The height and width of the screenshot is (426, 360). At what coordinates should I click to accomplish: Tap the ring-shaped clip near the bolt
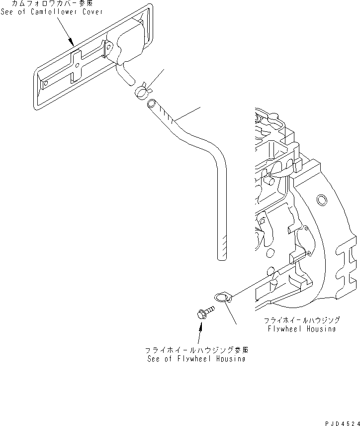point(222,298)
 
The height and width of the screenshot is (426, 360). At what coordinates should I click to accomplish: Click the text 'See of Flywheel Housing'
point(195,359)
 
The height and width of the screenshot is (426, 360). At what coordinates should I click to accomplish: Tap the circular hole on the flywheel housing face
point(322,201)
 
